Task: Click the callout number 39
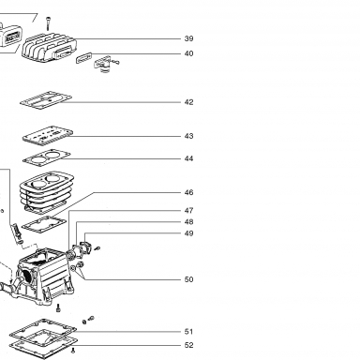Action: pyautogui.click(x=188, y=38)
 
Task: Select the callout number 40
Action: pyautogui.click(x=188, y=53)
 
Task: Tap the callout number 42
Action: pyautogui.click(x=188, y=102)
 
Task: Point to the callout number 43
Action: pyautogui.click(x=188, y=136)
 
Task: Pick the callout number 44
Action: pyautogui.click(x=188, y=158)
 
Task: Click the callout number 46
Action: pyautogui.click(x=188, y=192)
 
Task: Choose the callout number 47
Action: pyautogui.click(x=188, y=211)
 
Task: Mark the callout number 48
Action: pyautogui.click(x=188, y=222)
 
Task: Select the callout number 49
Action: pyautogui.click(x=188, y=233)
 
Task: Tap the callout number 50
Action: pyautogui.click(x=188, y=279)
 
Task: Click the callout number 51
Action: pyautogui.click(x=188, y=332)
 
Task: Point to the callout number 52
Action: pyautogui.click(x=188, y=345)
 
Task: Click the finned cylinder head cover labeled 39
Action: pyautogui.click(x=49, y=49)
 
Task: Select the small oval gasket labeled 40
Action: pyautogui.click(x=83, y=58)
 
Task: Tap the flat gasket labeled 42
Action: pyautogui.click(x=46, y=100)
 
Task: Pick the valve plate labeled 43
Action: pyautogui.click(x=48, y=135)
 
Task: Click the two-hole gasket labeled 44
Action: pyautogui.click(x=47, y=157)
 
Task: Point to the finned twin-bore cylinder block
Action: pyautogui.click(x=47, y=191)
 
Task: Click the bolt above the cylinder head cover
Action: pyautogui.click(x=48, y=23)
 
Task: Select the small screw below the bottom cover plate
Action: pyautogui.click(x=73, y=351)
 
